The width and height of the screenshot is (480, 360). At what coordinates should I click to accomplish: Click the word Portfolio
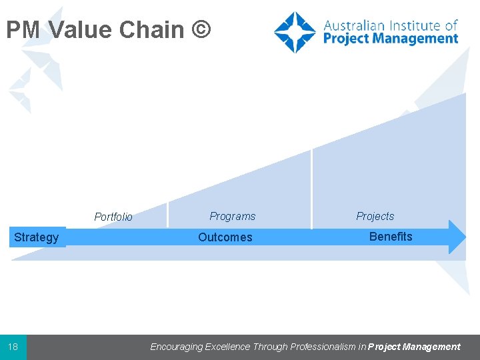point(113,217)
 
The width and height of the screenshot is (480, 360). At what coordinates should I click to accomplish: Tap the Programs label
point(232,216)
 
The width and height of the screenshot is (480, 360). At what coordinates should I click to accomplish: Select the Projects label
point(375,216)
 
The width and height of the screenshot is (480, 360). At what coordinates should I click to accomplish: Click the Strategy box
point(37,237)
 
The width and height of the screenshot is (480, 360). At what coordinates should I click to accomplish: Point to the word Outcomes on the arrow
point(225,237)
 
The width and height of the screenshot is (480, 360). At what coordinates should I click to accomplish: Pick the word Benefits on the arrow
point(391,237)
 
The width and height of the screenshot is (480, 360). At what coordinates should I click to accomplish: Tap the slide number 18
point(13,347)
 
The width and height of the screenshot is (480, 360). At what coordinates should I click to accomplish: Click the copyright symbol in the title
point(202,30)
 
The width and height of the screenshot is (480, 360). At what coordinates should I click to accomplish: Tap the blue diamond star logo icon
point(295,32)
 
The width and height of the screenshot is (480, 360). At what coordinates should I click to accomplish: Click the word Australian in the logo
point(357,26)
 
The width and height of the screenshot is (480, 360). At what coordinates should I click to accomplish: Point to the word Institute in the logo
point(416,26)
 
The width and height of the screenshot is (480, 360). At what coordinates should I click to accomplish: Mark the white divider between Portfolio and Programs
point(167,213)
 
